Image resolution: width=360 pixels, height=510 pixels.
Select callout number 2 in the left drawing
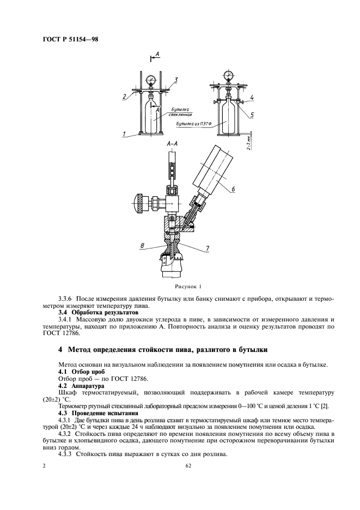click(x=124, y=96)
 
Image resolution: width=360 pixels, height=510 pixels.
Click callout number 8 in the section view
click(x=142, y=246)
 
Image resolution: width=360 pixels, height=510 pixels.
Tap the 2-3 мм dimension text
click(x=248, y=141)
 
